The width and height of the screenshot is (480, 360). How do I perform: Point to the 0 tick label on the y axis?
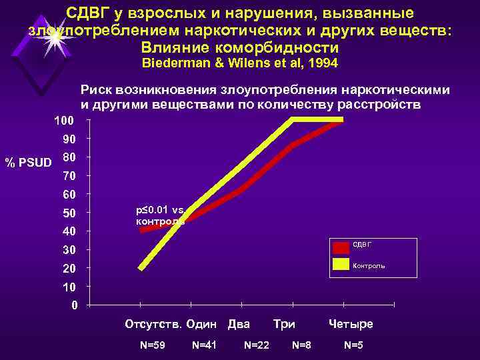[x=73, y=305]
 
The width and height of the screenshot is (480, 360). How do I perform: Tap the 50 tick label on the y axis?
[x=69, y=213]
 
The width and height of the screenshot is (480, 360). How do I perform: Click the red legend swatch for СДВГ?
[x=341, y=247]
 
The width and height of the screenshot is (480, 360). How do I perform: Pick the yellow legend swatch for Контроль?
[x=341, y=265]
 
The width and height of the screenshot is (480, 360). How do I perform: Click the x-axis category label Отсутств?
[x=153, y=324]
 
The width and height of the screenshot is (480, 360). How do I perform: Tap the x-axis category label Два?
[x=239, y=324]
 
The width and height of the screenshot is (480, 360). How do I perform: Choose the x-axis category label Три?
[x=284, y=324]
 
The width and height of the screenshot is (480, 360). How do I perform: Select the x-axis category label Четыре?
[x=351, y=324]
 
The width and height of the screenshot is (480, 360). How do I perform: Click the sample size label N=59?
[x=152, y=345]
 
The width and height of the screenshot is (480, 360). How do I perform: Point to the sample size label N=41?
[x=204, y=345]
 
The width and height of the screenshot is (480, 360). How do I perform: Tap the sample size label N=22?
[x=257, y=345]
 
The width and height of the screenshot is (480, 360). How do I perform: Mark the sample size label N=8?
[x=301, y=345]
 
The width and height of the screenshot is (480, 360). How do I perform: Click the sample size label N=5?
[x=353, y=345]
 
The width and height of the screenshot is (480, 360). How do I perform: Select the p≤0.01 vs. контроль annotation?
[x=160, y=215]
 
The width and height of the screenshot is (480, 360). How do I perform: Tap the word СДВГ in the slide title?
[x=88, y=13]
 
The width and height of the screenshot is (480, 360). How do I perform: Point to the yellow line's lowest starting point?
[x=141, y=268]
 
